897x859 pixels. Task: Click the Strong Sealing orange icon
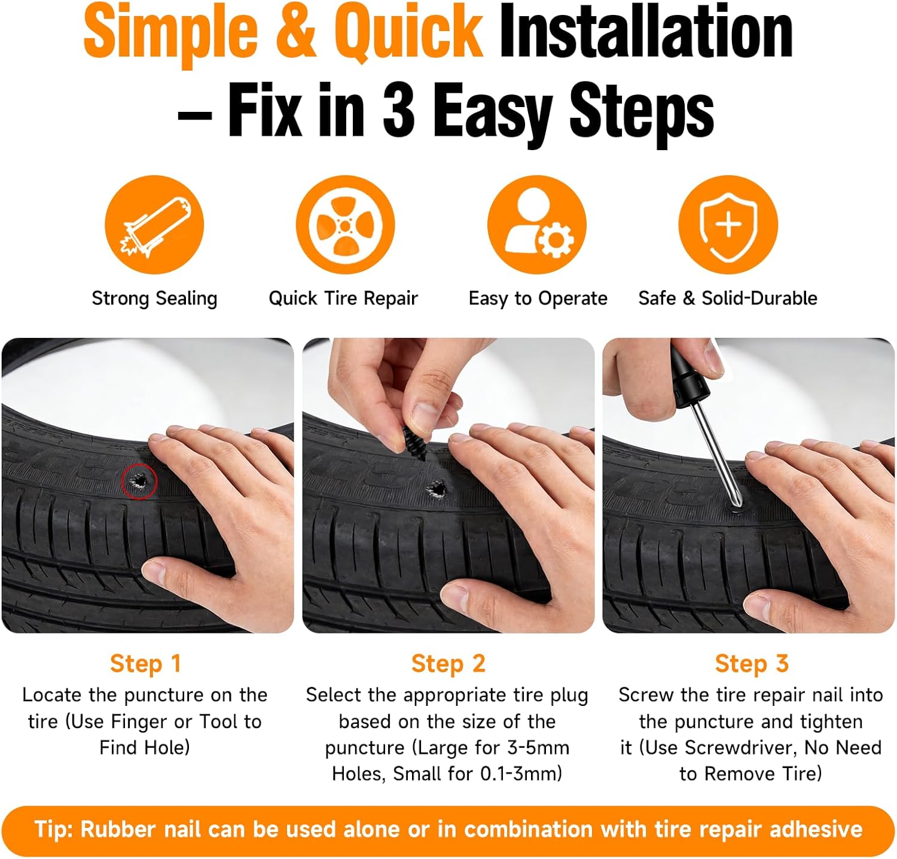pyautogui.click(x=154, y=225)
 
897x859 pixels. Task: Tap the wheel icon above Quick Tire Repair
pyautogui.click(x=346, y=225)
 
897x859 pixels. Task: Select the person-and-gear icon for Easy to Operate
pyautogui.click(x=537, y=225)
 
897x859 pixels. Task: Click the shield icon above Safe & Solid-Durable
pyautogui.click(x=728, y=225)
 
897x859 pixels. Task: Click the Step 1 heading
pyautogui.click(x=145, y=663)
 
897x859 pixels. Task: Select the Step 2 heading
pyautogui.click(x=448, y=663)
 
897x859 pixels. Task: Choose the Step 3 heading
pyautogui.click(x=752, y=663)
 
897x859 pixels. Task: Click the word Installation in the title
pyautogui.click(x=646, y=32)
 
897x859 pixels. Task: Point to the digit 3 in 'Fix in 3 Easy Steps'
pyautogui.click(x=398, y=109)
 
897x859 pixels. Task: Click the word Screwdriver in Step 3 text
pyautogui.click(x=740, y=748)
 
